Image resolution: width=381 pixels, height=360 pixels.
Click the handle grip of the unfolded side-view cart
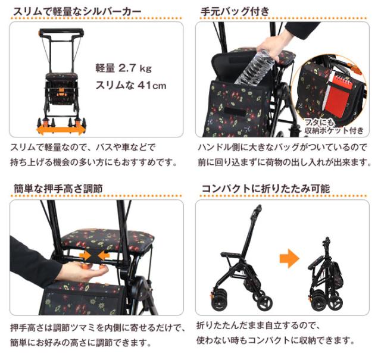click(x=258, y=211)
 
